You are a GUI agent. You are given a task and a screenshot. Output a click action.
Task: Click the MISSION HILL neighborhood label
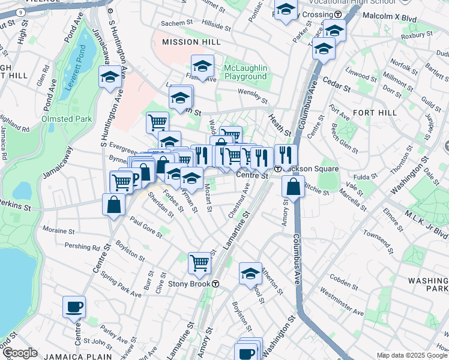(x=187, y=42)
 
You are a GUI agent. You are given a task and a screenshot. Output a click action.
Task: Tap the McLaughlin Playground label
(x=245, y=72)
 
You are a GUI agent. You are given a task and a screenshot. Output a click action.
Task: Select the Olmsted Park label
(x=67, y=119)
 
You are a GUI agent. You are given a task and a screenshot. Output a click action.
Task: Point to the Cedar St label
(x=338, y=88)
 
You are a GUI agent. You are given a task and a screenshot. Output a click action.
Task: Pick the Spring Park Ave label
(x=121, y=285)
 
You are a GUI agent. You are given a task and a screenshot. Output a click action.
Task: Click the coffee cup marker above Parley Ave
(x=74, y=307)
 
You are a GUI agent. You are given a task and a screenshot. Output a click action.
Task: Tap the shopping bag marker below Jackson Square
(x=292, y=187)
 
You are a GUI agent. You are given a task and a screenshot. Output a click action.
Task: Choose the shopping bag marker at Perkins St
(x=113, y=205)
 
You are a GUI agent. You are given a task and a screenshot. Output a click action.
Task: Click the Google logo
(x=20, y=353)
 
